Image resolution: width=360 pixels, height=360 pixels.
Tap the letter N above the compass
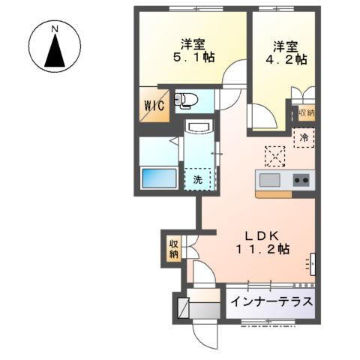(55, 29)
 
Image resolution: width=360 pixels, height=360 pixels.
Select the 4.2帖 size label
(288, 57)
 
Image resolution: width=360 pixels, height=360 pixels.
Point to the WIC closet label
(154, 104)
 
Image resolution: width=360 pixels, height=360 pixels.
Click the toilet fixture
(187, 100)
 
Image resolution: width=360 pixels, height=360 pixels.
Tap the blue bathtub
(158, 178)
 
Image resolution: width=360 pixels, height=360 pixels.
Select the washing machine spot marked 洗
(198, 179)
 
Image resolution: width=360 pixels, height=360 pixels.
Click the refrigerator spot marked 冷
(304, 137)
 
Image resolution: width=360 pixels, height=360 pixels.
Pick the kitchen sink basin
(268, 180)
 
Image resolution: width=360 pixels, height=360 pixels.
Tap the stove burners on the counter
(301, 180)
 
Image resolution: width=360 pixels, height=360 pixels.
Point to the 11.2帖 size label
(262, 250)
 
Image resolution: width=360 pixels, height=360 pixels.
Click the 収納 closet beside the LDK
(173, 248)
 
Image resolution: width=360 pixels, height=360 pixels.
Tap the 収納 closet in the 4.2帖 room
(304, 112)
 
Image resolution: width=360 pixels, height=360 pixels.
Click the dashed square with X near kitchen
(274, 155)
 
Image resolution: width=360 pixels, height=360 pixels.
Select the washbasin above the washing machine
(198, 130)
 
